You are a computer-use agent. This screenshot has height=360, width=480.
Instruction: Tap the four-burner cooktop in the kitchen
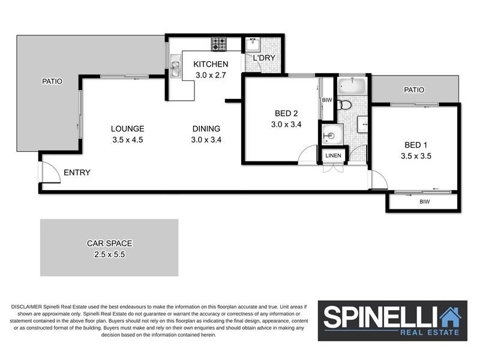click(218, 44)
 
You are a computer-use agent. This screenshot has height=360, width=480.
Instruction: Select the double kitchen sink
click(175, 67)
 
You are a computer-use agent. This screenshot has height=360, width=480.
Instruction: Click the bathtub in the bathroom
click(351, 85)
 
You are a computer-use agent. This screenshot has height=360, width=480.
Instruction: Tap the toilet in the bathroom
click(344, 105)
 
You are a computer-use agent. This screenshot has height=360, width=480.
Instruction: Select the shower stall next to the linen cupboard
click(332, 133)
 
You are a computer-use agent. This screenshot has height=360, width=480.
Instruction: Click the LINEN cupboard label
click(333, 155)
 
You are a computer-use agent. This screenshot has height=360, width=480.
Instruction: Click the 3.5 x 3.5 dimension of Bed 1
click(416, 155)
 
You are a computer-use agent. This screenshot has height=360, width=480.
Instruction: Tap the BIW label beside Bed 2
click(327, 100)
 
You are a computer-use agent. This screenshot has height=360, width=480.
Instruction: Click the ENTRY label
click(77, 173)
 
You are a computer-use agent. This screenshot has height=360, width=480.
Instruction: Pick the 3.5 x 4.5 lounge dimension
click(127, 140)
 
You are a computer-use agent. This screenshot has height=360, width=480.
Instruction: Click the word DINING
click(206, 128)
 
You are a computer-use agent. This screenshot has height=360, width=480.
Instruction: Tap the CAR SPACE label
click(109, 244)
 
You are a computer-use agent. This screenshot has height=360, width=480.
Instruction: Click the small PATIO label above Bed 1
click(414, 90)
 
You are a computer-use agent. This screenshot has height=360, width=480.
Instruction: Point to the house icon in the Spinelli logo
click(449, 316)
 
